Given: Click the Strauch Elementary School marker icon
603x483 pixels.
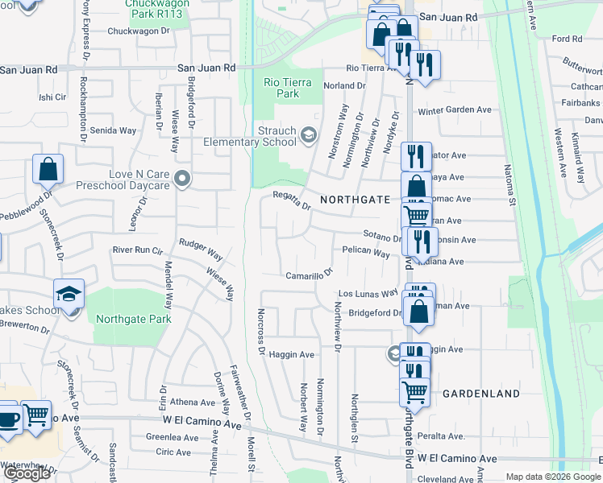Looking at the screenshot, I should coord(308,134).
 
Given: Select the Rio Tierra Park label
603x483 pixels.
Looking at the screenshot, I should coord(281,88).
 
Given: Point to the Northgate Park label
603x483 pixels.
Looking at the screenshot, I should coord(134,319).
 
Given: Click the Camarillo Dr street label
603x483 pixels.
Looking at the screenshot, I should coord(309,275).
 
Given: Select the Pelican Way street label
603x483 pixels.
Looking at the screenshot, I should coord(366,252).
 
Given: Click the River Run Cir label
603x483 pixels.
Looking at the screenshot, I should coord(138,250).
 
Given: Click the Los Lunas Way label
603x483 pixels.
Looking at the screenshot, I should coord(368,294).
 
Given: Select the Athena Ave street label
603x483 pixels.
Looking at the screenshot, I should coord(192,402).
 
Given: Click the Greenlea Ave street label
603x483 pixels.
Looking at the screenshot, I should coord(172,438).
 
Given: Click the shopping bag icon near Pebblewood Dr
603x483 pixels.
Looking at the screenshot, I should coord(48,170).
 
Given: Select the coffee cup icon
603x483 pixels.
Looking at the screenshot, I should coord(9,420).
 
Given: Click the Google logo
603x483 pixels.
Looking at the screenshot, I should coord(27,473).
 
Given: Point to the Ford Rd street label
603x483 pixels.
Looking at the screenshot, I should coord(567,39).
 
